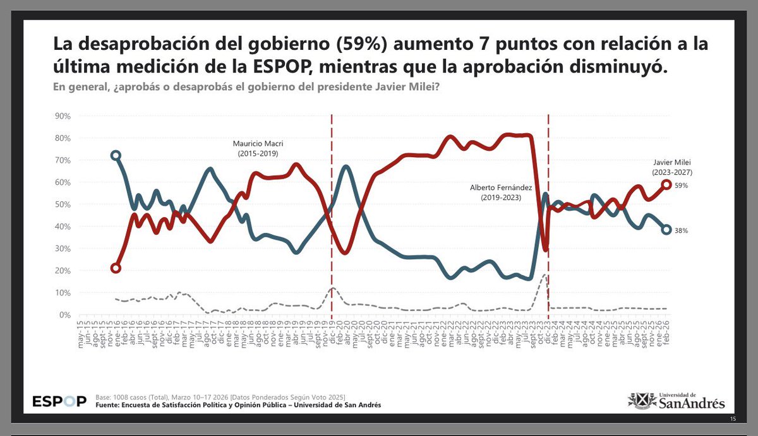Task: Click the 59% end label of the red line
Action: [681, 186]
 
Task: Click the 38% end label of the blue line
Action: [681, 231]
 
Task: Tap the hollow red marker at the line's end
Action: [666, 184]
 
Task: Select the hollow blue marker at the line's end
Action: [666, 230]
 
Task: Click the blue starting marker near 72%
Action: [115, 155]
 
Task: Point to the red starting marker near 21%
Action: [115, 268]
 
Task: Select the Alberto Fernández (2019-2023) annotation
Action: [495, 192]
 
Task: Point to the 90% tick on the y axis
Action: [62, 116]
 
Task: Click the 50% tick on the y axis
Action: [62, 204]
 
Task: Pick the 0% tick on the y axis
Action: [64, 315]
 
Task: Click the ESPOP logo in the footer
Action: [59, 401]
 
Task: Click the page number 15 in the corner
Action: [733, 420]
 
